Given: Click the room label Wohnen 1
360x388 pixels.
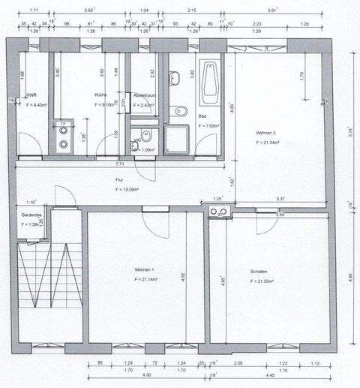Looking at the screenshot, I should (x=145, y=269).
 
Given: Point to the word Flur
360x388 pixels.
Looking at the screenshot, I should (x=119, y=181).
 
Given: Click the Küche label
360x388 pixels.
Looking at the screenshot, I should (x=100, y=95).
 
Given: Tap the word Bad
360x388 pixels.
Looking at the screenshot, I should (x=202, y=117).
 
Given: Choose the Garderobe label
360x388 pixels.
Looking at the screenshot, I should (x=31, y=215).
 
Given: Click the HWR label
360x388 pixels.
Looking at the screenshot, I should (x=32, y=95).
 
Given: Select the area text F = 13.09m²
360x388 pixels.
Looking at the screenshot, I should (x=128, y=190).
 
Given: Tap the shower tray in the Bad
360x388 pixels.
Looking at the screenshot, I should (x=177, y=139).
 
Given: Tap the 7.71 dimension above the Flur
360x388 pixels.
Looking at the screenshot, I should (x=119, y=163).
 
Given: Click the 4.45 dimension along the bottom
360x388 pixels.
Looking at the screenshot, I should (x=268, y=374).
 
